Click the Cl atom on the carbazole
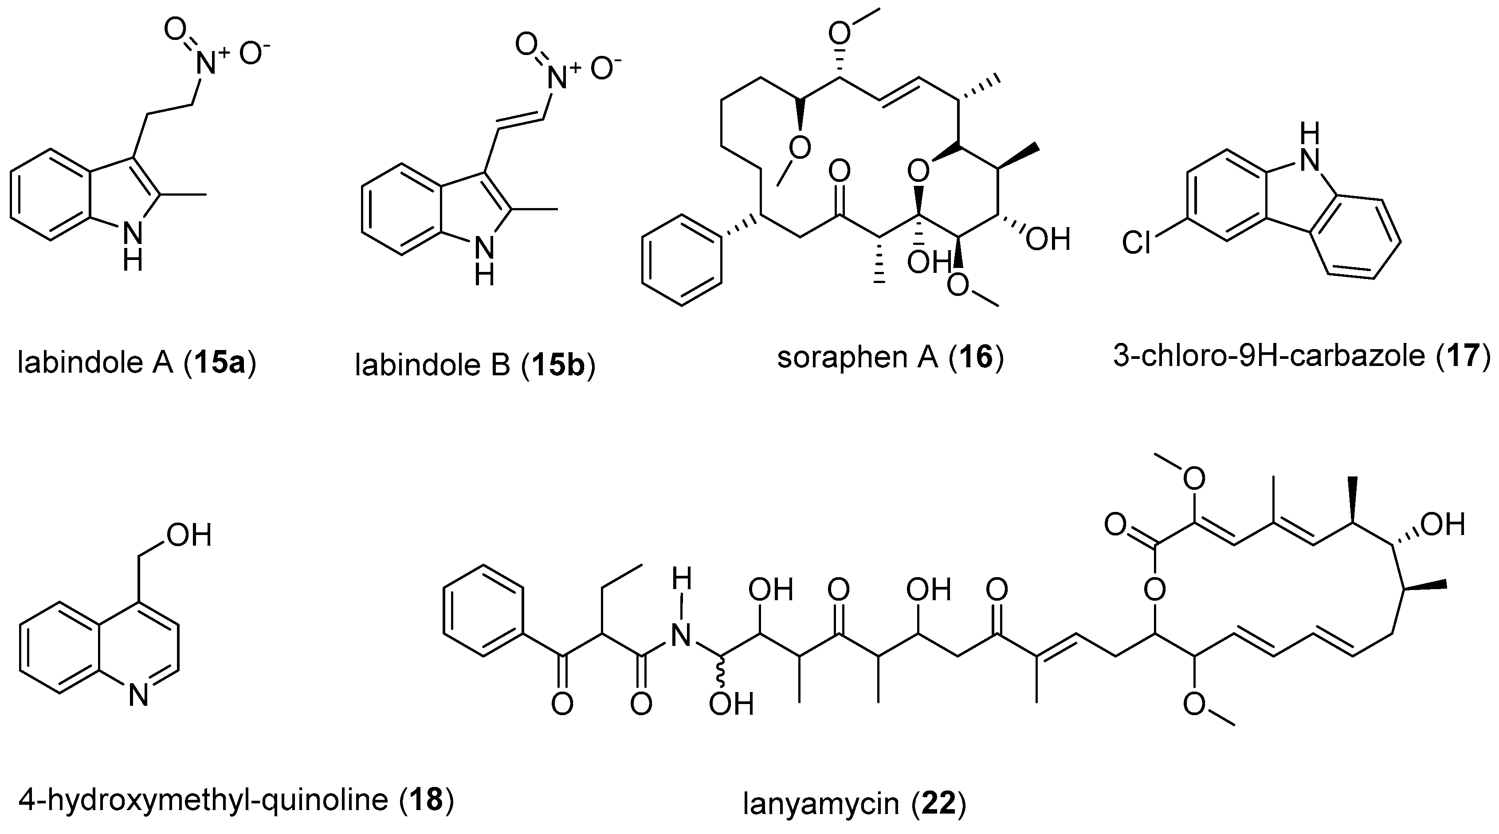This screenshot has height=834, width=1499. click(x=1137, y=243)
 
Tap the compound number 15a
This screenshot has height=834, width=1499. click(x=220, y=362)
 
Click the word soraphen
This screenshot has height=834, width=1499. click(x=841, y=356)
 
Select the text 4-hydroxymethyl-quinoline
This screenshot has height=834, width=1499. click(x=203, y=800)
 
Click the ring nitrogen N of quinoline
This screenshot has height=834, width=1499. click(x=138, y=696)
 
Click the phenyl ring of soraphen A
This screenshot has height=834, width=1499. click(x=681, y=260)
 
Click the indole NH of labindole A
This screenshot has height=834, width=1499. click(x=133, y=244)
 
